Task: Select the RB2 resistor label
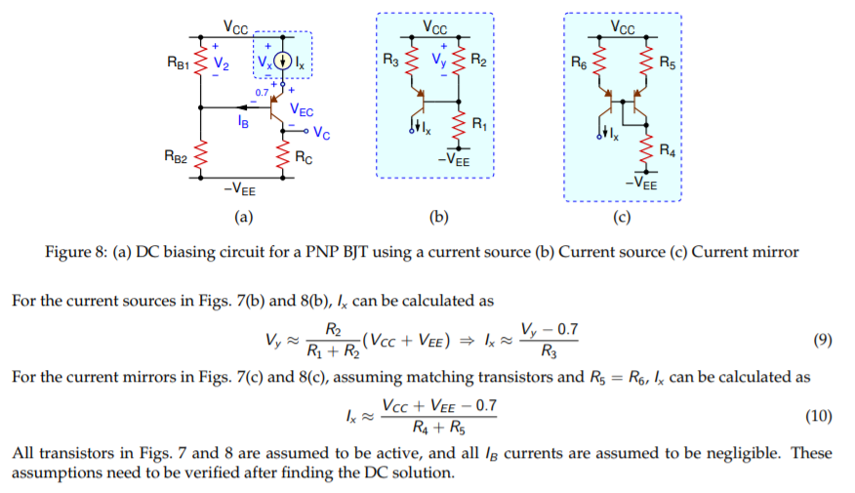point(177,154)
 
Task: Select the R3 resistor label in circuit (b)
point(390,62)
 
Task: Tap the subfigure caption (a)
point(242,217)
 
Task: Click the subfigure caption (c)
point(622,217)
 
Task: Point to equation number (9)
point(821,341)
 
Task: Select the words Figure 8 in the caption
point(74,252)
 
